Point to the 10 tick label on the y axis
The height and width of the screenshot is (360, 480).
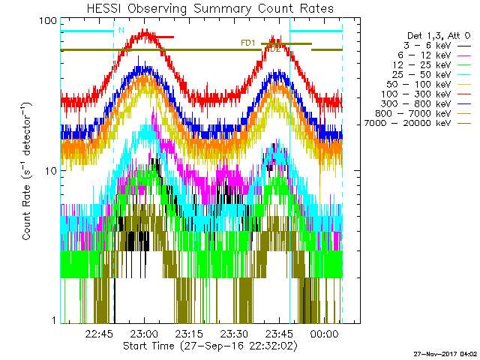(x=50, y=170)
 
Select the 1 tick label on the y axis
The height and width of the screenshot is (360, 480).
(x=54, y=320)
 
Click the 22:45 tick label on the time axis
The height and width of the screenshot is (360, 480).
(x=100, y=334)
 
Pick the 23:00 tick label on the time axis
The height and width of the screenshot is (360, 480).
(x=144, y=334)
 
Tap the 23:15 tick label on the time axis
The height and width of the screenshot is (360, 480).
(x=189, y=334)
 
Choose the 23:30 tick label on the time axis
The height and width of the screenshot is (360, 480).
(x=234, y=334)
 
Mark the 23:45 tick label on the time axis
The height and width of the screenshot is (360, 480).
(x=279, y=334)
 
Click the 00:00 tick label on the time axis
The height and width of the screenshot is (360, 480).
(x=324, y=334)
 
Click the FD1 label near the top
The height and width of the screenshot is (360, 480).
(x=248, y=43)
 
